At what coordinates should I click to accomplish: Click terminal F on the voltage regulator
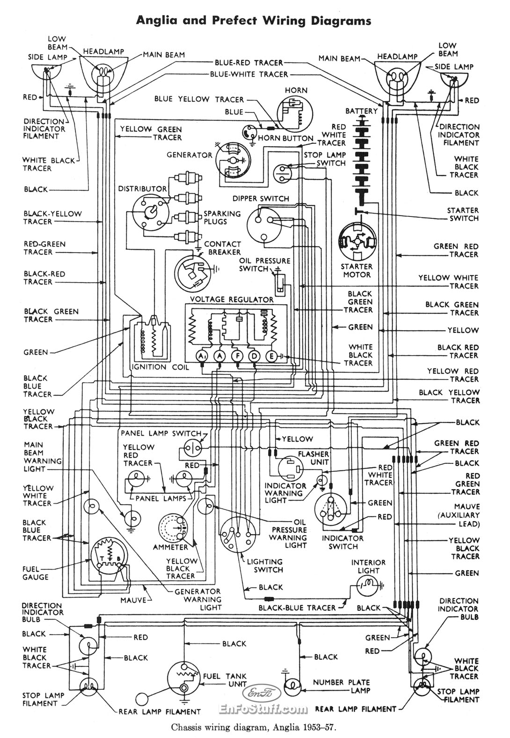click(x=238, y=356)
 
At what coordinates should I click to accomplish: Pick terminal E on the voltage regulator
click(x=271, y=356)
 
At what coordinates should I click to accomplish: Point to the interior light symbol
click(x=369, y=585)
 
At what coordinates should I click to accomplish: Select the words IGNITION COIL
click(x=161, y=367)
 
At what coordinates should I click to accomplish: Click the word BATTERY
click(x=361, y=111)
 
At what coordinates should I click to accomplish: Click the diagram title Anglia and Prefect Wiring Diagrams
click(x=253, y=20)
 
